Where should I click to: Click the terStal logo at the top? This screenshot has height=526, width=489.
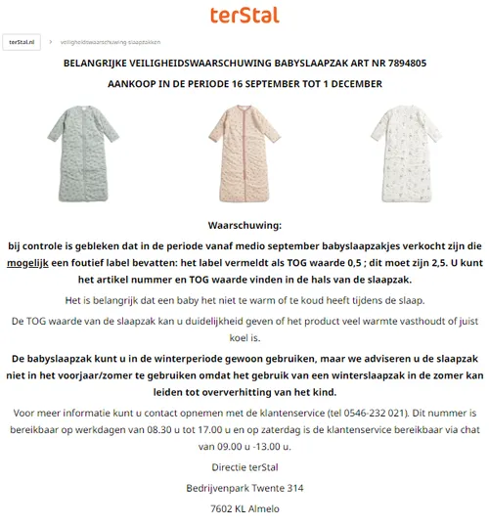tap(244, 16)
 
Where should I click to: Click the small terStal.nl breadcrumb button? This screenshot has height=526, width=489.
tap(23, 42)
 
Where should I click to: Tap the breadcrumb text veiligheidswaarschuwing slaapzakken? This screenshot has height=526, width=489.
tap(110, 43)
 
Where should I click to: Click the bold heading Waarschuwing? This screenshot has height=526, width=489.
tap(244, 225)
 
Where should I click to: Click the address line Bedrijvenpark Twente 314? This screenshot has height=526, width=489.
tap(244, 488)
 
